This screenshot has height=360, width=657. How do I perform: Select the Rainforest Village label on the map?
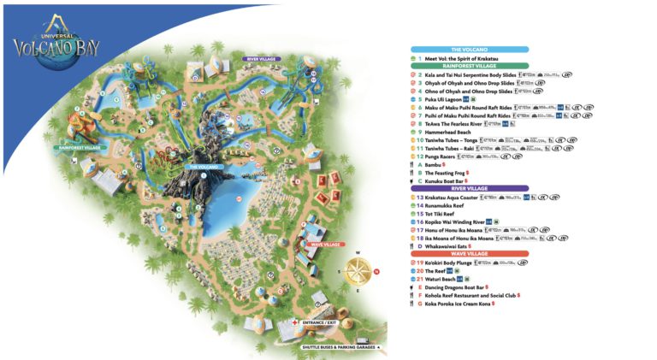pyautogui.click(x=80, y=147)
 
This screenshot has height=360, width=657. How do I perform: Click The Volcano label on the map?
pyautogui.click(x=204, y=167)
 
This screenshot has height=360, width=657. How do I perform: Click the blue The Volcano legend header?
pyautogui.click(x=469, y=50)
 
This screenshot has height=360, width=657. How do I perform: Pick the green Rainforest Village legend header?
pyautogui.click(x=469, y=65)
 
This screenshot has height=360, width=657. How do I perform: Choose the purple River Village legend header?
pyautogui.click(x=469, y=188)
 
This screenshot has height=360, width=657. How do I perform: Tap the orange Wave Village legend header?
pyautogui.click(x=469, y=253)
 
